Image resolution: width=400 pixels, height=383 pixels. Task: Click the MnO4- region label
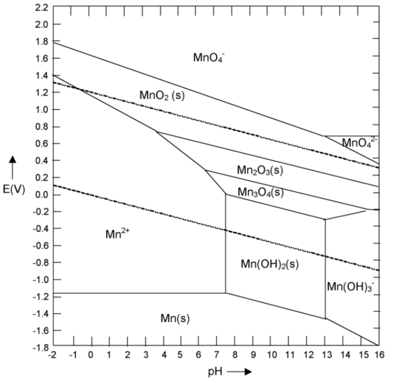click(x=208, y=57)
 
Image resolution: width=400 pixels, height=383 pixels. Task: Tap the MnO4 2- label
click(x=359, y=143)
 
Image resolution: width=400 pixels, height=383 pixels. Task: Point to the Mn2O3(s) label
click(x=260, y=171)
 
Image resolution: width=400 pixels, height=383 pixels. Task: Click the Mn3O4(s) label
click(x=260, y=192)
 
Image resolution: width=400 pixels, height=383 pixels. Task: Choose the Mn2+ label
click(x=117, y=235)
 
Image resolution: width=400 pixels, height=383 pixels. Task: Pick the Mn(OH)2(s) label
click(x=269, y=263)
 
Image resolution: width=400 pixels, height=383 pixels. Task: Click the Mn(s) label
click(x=176, y=317)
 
